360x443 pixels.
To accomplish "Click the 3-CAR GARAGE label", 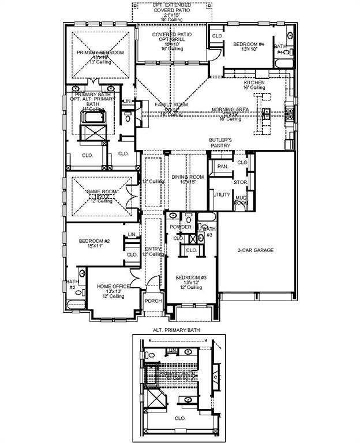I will point(256,250).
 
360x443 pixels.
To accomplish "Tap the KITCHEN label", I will point(254,83).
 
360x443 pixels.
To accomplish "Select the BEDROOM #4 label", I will point(249,44).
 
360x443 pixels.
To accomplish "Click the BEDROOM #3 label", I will point(190,277).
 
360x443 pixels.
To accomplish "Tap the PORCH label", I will point(153,301).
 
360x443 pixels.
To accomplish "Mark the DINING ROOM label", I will point(187,177).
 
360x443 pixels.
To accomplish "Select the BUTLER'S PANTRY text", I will point(220,143).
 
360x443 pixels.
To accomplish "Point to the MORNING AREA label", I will point(230,109).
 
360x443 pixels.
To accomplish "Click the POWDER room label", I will point(180,227).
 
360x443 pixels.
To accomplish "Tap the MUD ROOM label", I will point(241,199).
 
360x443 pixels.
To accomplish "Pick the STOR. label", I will point(241,182).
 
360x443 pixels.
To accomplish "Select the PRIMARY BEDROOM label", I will point(100,53).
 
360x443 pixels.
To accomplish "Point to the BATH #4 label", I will point(280,49).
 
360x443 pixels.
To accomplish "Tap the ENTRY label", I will point(152,249).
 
